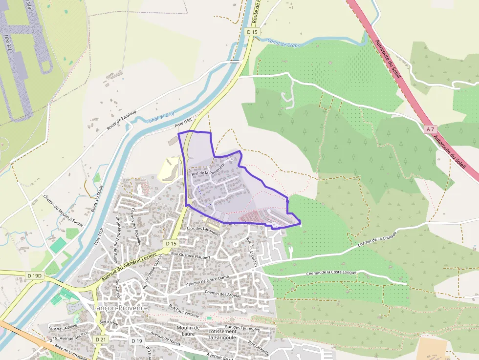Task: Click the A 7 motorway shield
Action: (430, 129)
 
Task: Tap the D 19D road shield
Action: (35, 275)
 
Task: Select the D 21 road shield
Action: (101, 339)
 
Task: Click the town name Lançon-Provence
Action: (120, 308)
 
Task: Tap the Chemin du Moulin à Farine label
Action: (63, 210)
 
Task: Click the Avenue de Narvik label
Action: (166, 339)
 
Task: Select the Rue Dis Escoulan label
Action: (253, 252)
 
